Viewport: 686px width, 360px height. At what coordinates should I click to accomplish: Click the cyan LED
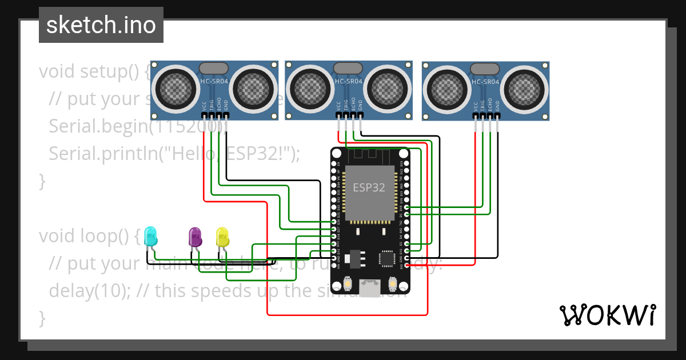click(151, 236)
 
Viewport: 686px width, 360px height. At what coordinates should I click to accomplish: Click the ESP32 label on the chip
click(369, 187)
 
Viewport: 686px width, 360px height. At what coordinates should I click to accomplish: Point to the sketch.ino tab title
click(101, 25)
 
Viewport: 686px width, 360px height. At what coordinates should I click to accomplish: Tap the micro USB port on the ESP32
click(369, 287)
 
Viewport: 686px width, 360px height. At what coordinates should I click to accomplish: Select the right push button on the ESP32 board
click(393, 283)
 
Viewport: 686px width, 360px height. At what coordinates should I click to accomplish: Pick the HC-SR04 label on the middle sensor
click(349, 82)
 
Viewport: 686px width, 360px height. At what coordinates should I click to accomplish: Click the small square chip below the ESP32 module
click(388, 259)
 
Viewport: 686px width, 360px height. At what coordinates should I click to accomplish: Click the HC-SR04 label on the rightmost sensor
click(486, 82)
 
